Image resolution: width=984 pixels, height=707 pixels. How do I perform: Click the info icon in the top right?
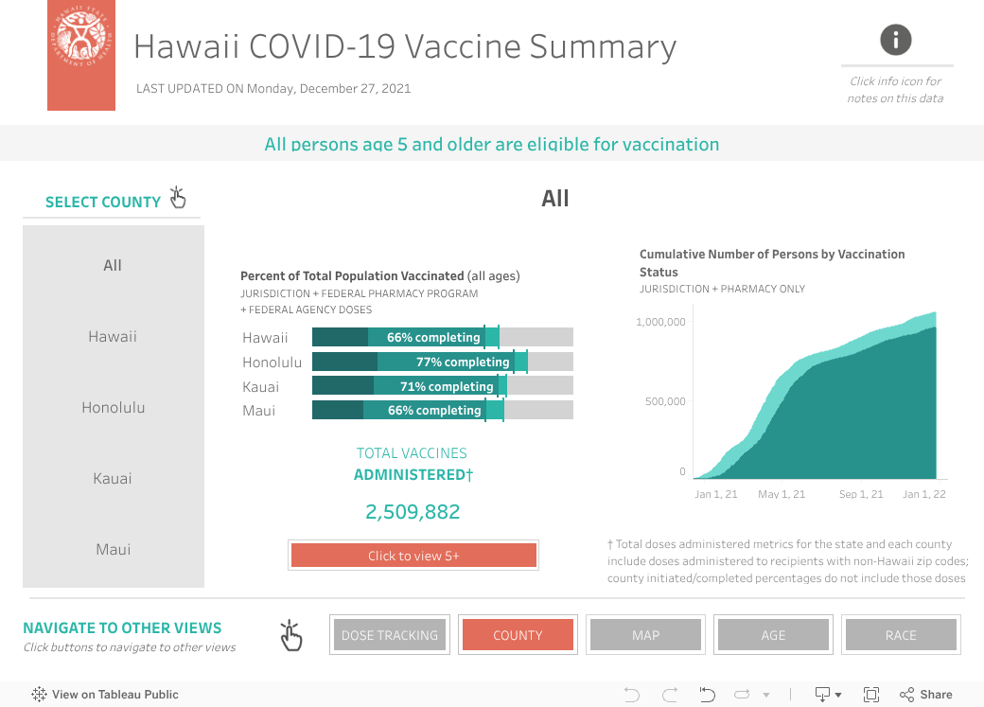click(895, 40)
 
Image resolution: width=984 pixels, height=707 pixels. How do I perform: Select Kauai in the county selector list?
click(113, 479)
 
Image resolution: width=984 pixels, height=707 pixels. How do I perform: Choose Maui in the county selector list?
click(113, 550)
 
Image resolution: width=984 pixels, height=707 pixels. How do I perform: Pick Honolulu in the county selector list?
click(113, 408)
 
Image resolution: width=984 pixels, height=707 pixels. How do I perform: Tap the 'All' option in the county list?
click(113, 266)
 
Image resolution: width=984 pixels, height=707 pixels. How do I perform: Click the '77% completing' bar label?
click(463, 362)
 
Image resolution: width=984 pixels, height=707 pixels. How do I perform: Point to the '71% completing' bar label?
click(448, 386)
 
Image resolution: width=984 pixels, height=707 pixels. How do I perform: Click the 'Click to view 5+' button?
click(413, 556)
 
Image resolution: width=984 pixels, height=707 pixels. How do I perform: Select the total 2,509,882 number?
click(413, 512)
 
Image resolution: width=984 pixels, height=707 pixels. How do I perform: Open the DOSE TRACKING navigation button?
click(390, 635)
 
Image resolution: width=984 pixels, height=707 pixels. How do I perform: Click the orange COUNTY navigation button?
click(518, 635)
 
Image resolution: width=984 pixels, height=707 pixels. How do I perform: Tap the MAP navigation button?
click(645, 635)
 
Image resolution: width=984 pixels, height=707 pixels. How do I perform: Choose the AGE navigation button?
click(773, 635)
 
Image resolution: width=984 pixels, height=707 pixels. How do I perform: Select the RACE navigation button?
click(901, 635)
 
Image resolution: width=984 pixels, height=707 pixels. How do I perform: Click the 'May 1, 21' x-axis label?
click(782, 494)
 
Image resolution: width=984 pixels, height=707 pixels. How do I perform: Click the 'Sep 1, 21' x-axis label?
click(861, 494)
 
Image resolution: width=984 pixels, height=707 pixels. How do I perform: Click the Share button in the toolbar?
click(926, 695)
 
